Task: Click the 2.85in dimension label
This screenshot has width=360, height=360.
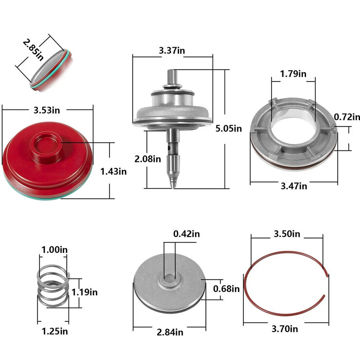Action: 33,48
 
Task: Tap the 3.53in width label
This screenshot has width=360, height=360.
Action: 47,110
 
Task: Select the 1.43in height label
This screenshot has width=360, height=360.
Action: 114,171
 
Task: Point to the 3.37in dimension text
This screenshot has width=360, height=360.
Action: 172,51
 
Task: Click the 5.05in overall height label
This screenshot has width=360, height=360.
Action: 229,129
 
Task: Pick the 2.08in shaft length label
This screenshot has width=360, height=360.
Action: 148,159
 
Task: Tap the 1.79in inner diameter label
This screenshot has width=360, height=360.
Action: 293,73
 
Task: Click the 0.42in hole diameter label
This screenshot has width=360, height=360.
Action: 186,234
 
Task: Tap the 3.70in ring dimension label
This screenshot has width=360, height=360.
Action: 285,329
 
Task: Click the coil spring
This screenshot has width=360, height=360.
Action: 53,287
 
